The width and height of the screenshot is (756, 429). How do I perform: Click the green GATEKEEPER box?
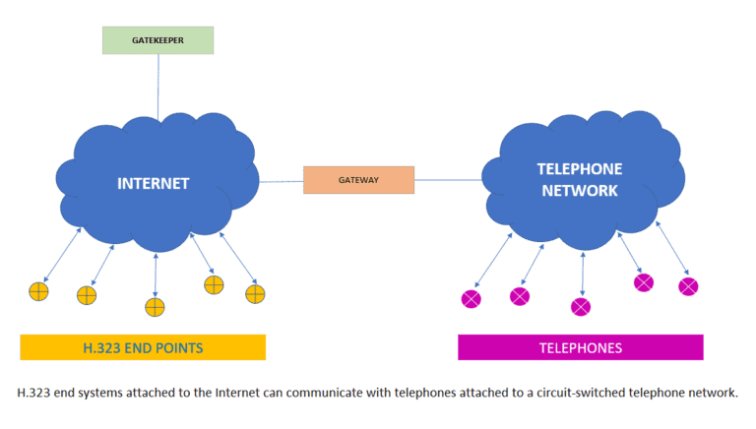pos(157,40)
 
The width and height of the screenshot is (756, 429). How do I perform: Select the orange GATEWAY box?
pos(358,181)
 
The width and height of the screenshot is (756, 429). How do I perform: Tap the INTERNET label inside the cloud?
pos(153,183)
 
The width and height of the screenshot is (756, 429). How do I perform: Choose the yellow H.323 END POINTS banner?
pos(143,347)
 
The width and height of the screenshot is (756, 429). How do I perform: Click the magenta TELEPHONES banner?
pos(580,347)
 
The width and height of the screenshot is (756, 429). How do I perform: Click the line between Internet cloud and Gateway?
pos(281,181)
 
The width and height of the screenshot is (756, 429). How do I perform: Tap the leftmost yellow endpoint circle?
pos(38,291)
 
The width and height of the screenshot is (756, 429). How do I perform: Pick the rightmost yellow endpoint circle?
pos(256,293)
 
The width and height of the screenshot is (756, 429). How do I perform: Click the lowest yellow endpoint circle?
pos(155,307)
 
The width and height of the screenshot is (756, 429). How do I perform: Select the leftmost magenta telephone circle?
pos(471,298)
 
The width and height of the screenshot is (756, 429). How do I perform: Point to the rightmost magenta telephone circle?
pos(689,286)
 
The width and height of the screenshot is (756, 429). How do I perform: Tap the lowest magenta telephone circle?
pos(581,306)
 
